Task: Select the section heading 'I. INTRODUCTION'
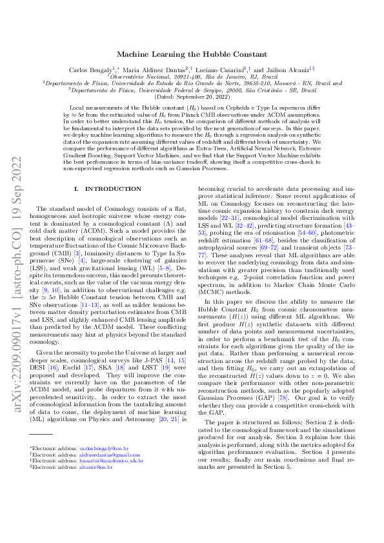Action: (x=108, y=188)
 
